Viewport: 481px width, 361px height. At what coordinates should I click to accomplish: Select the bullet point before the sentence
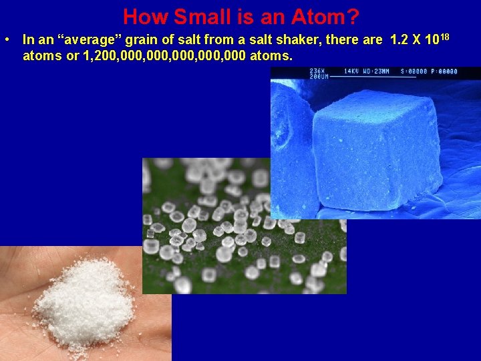point(5,40)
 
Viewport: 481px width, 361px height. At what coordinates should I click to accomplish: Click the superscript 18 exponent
point(444,36)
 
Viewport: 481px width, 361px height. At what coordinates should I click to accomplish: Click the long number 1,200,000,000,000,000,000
point(163,56)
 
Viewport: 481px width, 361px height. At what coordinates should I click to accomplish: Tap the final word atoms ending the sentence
point(271,56)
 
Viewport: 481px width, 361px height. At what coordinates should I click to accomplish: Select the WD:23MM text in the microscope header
point(379,71)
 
